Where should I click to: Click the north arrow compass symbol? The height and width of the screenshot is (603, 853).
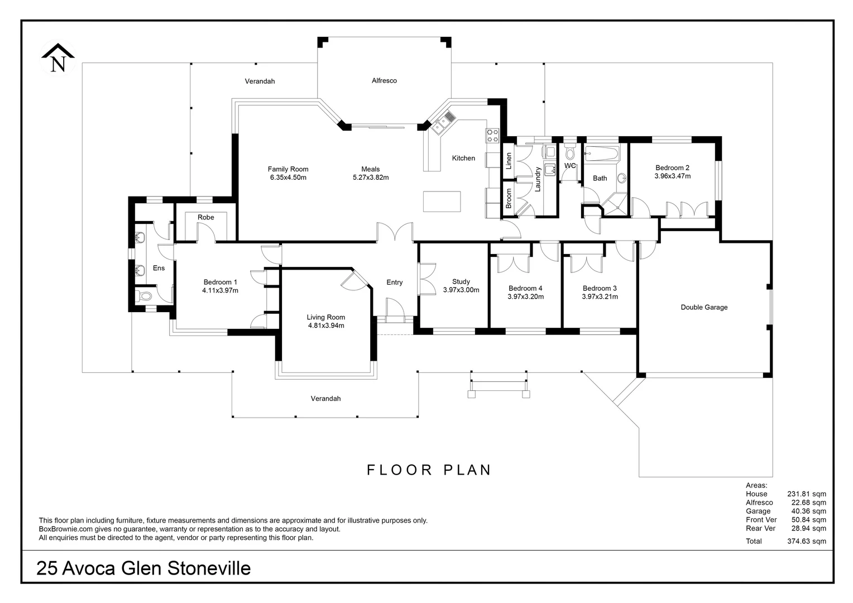[57, 58]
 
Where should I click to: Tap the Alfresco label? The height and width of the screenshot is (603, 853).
[384, 80]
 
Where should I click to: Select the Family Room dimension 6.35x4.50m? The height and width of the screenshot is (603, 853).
[288, 178]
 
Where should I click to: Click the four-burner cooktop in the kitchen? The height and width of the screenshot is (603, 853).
[492, 135]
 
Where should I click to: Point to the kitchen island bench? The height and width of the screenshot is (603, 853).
[442, 201]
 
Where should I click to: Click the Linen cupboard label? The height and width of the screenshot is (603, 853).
[509, 161]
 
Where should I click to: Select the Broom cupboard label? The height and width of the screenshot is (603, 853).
[509, 198]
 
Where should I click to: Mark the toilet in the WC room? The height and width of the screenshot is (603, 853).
[570, 152]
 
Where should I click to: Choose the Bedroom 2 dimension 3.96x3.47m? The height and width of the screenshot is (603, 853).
[672, 176]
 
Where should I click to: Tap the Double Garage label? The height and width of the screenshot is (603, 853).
[704, 307]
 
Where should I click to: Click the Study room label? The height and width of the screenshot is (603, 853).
[461, 281]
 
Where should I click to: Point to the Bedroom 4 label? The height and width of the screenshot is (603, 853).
[525, 288]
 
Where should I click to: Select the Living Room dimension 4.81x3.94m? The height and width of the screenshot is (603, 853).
[325, 326]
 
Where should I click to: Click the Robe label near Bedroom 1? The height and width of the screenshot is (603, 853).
[205, 217]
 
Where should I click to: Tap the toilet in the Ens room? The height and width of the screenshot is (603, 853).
[143, 296]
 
